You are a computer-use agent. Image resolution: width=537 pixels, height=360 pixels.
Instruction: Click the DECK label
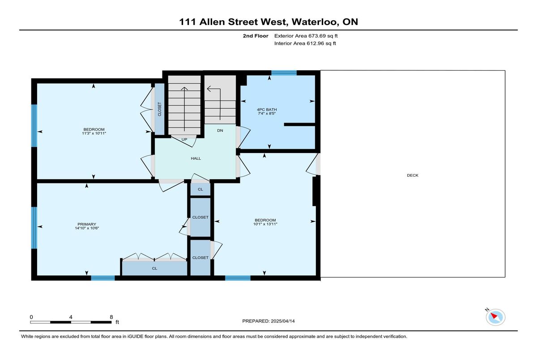tap(412, 175)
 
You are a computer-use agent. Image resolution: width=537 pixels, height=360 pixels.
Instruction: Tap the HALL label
tap(196, 158)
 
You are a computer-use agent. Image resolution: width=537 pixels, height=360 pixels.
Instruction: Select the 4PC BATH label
tap(267, 110)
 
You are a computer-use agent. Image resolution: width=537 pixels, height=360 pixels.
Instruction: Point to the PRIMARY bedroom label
tap(87, 224)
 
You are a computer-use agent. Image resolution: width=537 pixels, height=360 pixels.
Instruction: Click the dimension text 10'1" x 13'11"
tap(265, 224)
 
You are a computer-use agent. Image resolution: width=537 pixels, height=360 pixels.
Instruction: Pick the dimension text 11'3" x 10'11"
tap(94, 133)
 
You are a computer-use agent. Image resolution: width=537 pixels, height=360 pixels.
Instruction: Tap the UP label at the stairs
tap(184, 140)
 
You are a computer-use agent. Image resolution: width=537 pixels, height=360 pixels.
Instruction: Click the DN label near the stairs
tap(220, 131)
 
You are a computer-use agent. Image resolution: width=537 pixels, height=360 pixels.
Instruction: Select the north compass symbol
tap(495, 317)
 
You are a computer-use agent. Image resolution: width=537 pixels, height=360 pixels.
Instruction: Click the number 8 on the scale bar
tap(111, 317)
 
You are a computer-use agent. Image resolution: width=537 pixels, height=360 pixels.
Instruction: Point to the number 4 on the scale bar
tap(71, 317)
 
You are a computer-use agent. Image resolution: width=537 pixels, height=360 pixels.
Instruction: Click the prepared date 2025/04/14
tap(283, 321)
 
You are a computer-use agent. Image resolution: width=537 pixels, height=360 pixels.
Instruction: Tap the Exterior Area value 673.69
tap(317, 36)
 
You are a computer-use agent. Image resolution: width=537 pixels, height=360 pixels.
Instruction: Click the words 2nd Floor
tap(256, 36)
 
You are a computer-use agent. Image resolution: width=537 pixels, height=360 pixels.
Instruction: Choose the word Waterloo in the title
tap(315, 22)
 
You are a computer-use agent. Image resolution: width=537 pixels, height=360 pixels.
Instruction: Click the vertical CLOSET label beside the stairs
tap(160, 109)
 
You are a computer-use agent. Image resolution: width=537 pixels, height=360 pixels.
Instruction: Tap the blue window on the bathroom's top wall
tap(284, 73)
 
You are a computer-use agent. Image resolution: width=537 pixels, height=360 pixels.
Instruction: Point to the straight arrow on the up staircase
tap(184, 109)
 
